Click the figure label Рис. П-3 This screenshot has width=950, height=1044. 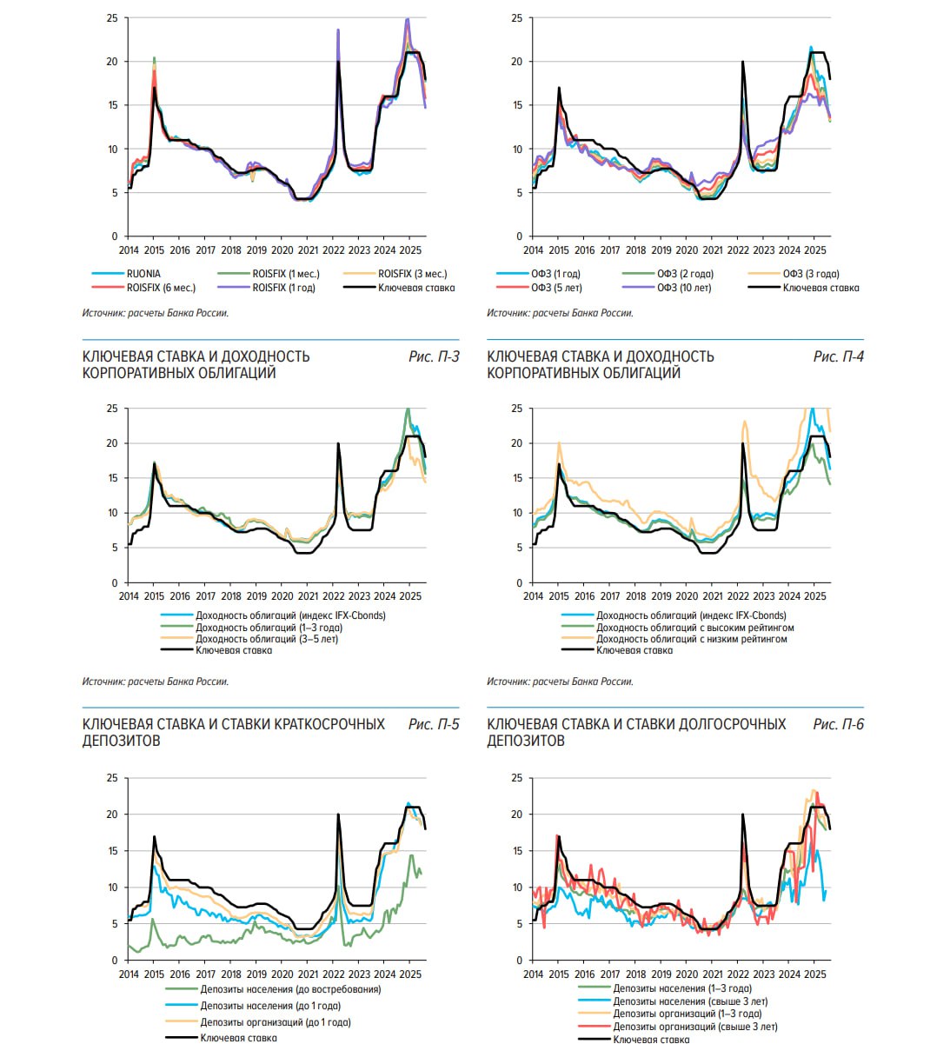(434, 356)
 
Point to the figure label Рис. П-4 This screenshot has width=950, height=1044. (839, 356)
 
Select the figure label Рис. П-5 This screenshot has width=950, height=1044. (434, 724)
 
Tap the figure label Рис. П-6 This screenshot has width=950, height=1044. (839, 724)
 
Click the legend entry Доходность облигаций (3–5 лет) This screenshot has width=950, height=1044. (266, 639)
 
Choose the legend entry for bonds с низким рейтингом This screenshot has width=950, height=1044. (691, 639)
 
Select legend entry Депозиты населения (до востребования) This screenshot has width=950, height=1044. (290, 989)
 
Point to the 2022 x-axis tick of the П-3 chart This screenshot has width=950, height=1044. (334, 596)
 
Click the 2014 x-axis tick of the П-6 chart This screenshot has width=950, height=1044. (534, 974)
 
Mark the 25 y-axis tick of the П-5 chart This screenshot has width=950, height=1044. (112, 778)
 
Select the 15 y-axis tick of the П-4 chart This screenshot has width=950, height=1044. (517, 478)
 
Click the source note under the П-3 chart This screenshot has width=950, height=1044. (156, 682)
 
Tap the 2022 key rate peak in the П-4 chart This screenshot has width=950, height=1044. (743, 444)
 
